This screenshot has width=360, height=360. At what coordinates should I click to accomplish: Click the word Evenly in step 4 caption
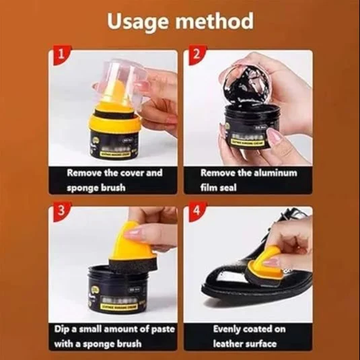[x=231, y=330]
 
